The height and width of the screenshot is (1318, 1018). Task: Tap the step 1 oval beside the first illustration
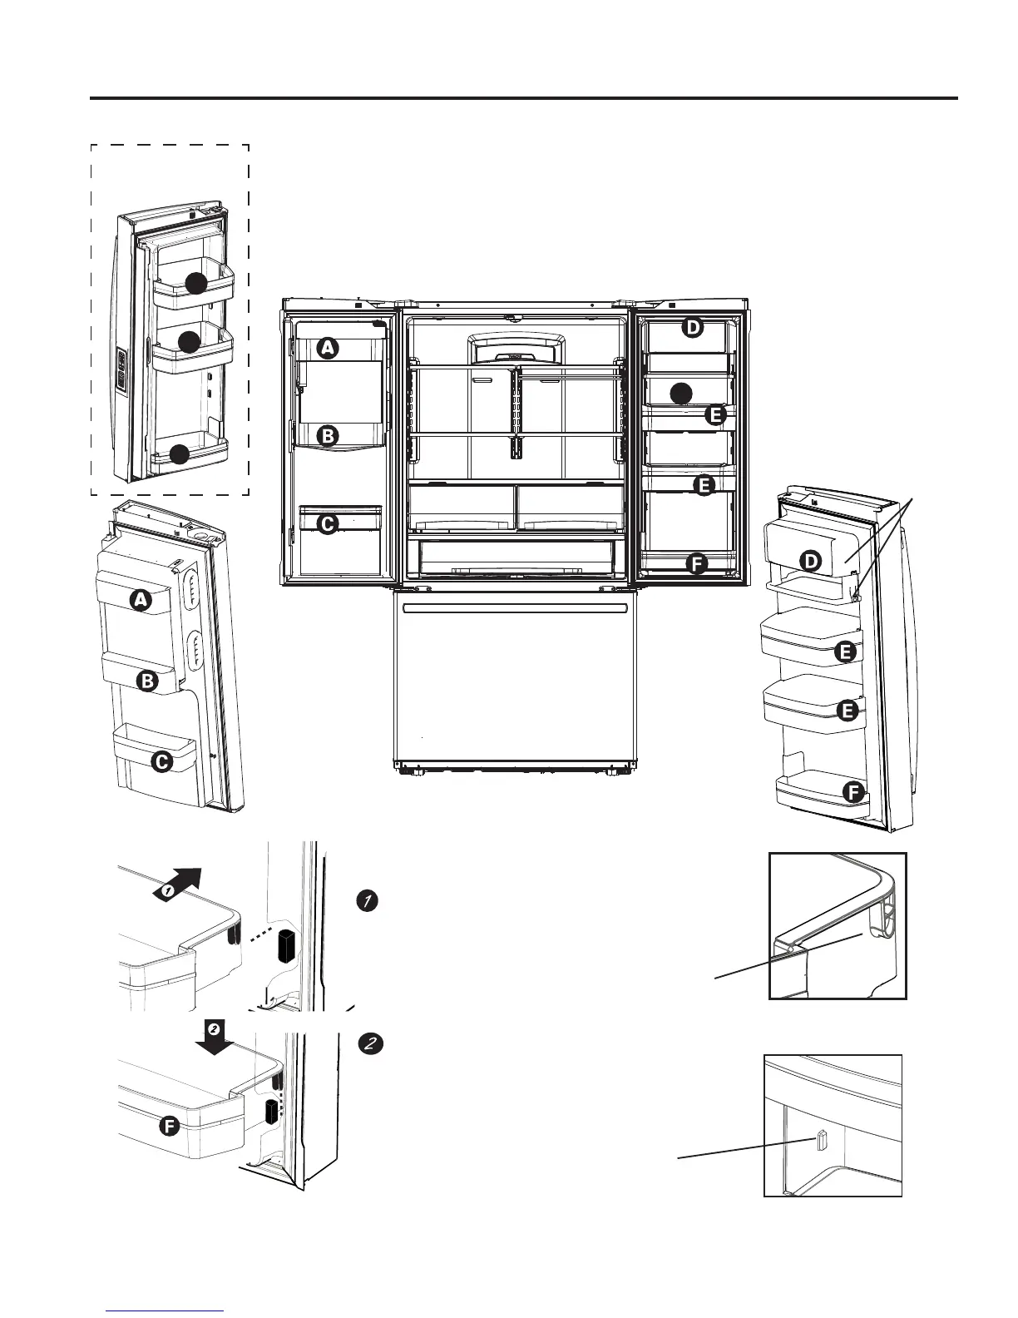[x=368, y=900]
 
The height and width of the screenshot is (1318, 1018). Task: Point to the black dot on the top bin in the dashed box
[x=195, y=283]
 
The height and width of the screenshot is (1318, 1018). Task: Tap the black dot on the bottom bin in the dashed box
[x=179, y=454]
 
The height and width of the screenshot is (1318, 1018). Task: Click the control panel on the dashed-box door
[x=121, y=369]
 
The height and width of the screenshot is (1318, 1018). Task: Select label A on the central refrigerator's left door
[x=329, y=348]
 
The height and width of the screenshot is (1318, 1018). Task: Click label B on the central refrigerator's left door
[x=329, y=434]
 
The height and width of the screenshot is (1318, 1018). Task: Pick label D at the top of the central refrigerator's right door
[x=692, y=328]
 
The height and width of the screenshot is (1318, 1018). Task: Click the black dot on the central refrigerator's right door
[x=681, y=393]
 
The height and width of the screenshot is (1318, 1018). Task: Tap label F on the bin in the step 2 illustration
[x=169, y=1127]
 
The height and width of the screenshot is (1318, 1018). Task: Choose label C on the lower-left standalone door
[x=161, y=761]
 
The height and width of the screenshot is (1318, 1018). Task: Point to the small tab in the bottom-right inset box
[x=821, y=1142]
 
